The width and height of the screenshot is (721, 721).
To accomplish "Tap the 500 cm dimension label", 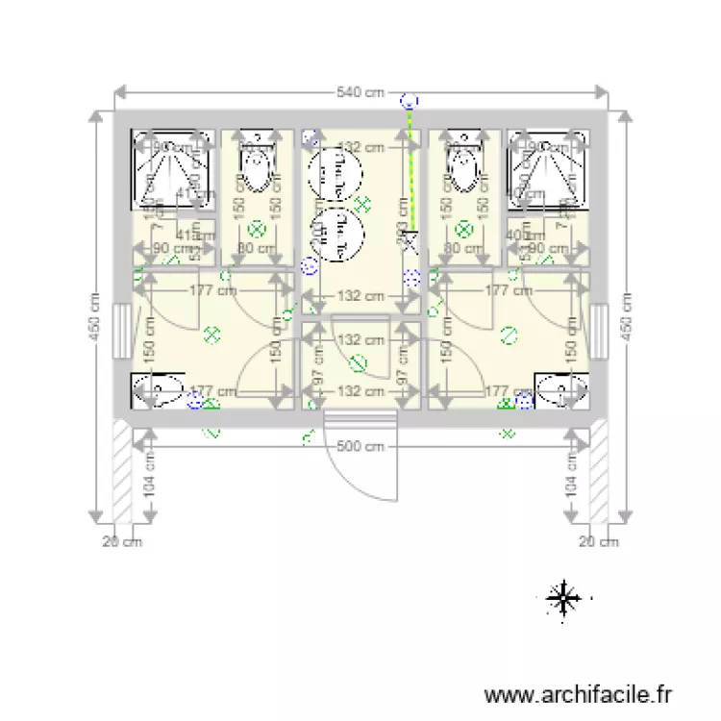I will tap(360, 446).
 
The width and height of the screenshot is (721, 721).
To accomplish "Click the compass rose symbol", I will tap(562, 599).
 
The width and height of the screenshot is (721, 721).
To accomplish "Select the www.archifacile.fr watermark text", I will tap(579, 693).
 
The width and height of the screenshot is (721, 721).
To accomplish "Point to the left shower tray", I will tap(171, 169).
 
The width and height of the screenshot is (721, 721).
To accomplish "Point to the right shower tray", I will tap(547, 169).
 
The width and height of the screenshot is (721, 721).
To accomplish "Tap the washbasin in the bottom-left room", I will tap(159, 390).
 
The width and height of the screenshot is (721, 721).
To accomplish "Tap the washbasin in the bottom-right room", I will tap(561, 390).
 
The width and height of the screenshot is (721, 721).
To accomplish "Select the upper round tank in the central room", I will tap(335, 174).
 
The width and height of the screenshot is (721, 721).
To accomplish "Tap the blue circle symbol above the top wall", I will tap(410, 99).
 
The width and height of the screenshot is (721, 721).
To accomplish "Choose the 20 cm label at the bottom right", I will tap(597, 542).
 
